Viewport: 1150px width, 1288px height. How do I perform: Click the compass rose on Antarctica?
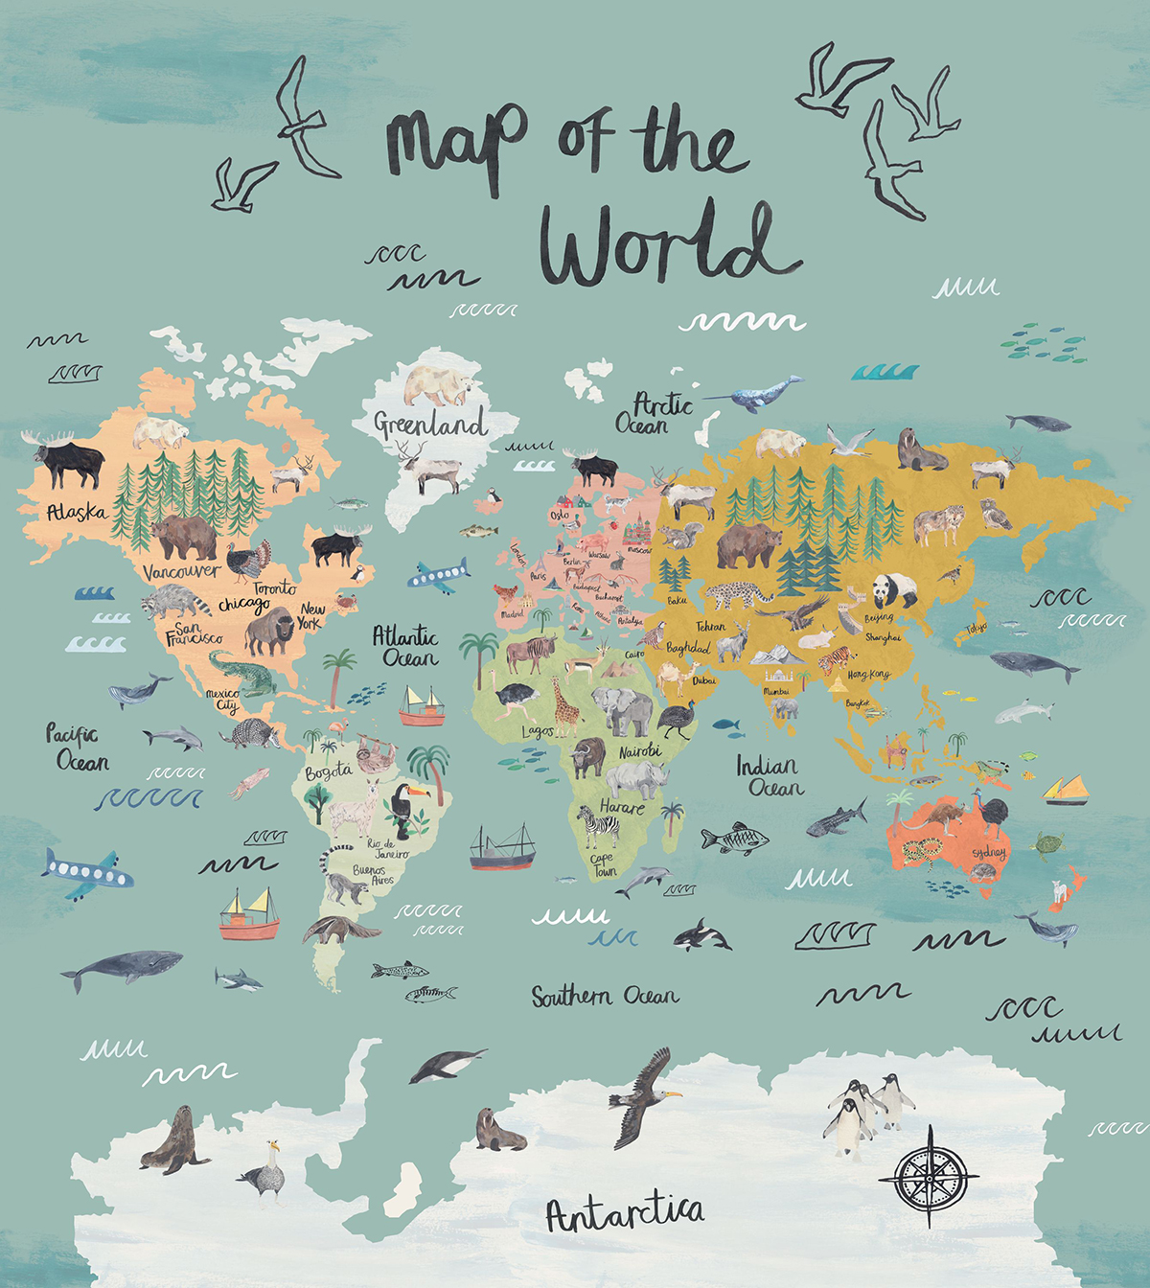coord(928,1175)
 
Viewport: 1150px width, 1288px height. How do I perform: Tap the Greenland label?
coord(429,424)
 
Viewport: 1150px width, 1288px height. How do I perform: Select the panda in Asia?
coord(894,589)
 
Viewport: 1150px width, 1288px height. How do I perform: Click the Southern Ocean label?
coord(605,997)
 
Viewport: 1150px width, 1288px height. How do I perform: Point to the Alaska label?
coord(77,513)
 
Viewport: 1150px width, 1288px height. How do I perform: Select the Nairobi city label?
coord(640,751)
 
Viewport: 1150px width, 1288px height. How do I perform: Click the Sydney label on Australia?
coord(988,852)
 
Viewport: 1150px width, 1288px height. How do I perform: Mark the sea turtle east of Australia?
coord(1047,845)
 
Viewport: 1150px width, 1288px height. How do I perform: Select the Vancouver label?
coord(181,572)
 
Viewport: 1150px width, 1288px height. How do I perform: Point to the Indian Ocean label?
coord(770,776)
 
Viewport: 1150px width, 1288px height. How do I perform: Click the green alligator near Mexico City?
coord(243,675)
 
